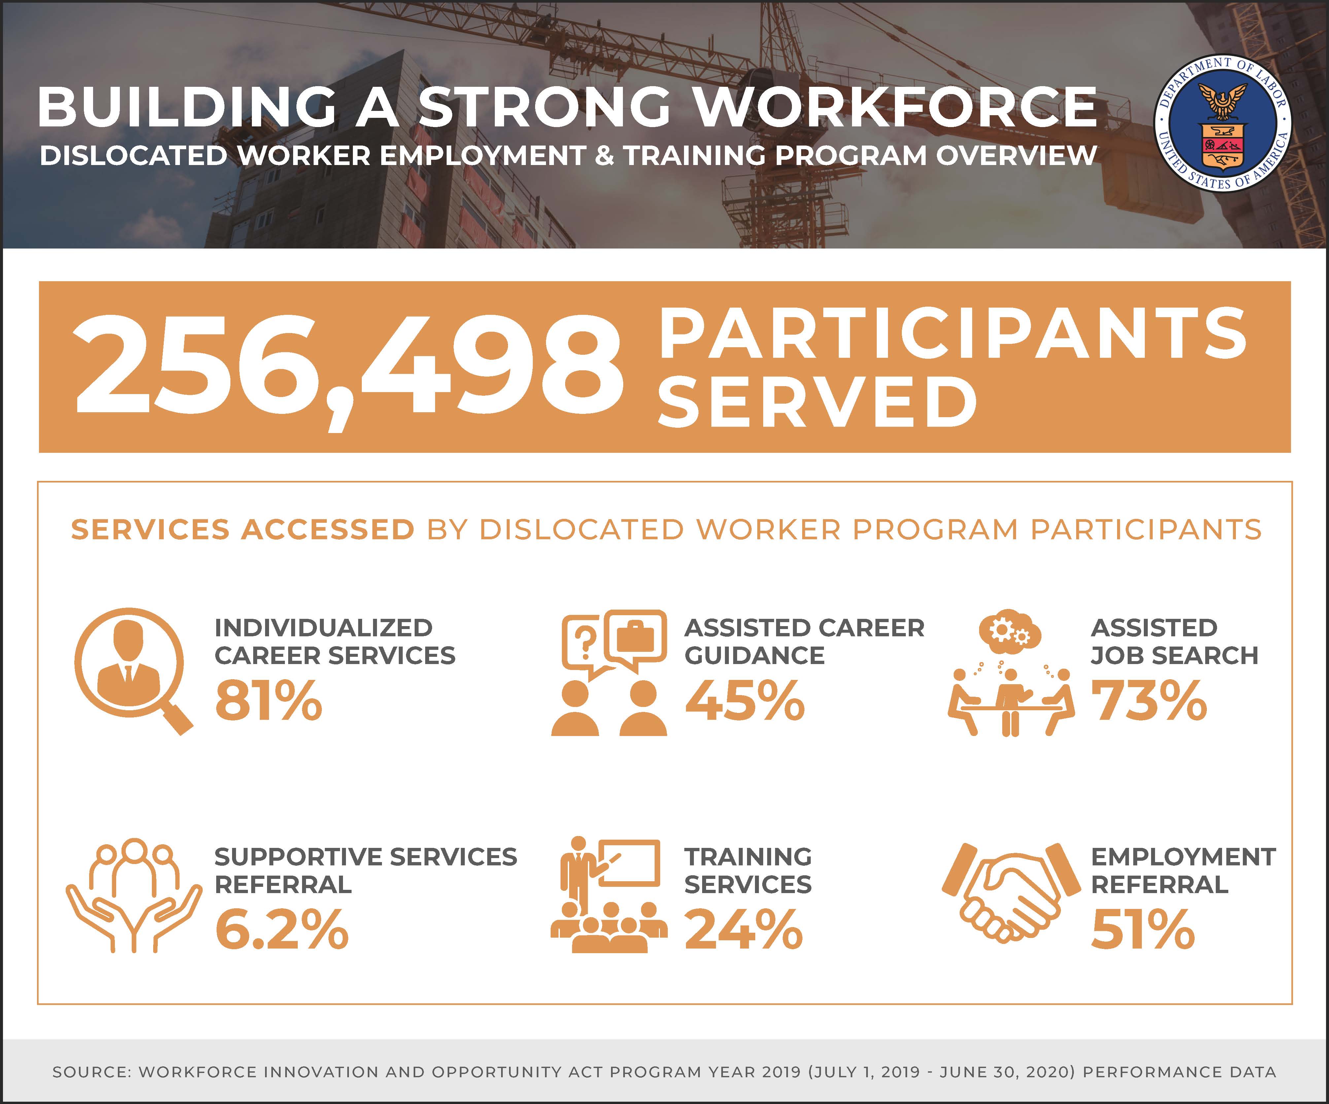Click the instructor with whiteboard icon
[x=608, y=895]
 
